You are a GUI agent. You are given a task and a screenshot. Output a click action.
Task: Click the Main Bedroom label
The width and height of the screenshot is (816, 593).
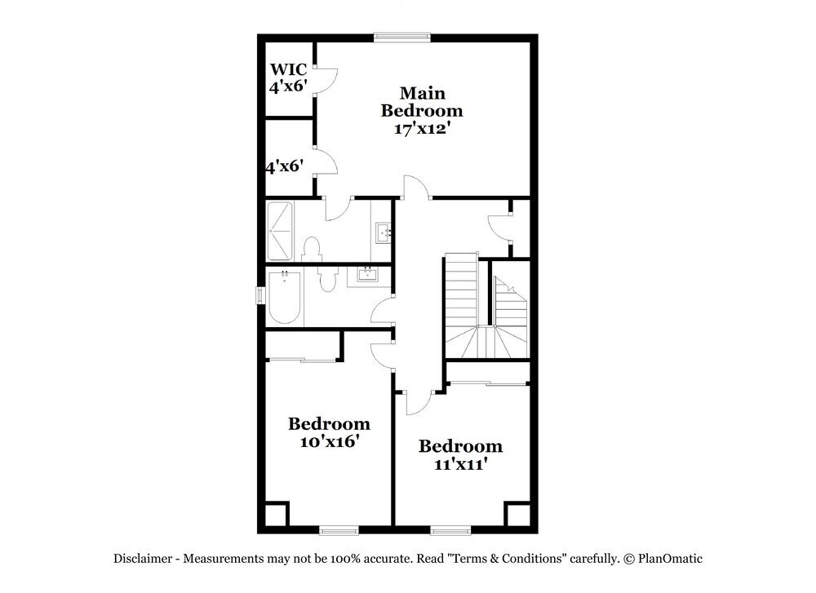(421, 101)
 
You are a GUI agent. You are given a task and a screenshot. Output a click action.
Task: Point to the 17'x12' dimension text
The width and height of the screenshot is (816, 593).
(417, 128)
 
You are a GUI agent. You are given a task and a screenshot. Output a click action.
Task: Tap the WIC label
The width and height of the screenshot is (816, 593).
(288, 69)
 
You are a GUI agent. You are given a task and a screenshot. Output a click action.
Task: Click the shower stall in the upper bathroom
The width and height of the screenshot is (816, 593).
(282, 230)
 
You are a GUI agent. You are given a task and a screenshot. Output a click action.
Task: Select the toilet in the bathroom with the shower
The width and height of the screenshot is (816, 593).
(311, 248)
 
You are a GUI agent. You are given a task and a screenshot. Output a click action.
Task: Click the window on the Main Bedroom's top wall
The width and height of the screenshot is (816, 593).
(401, 36)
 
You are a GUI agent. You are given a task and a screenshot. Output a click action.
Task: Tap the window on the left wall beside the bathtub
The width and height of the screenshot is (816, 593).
(261, 294)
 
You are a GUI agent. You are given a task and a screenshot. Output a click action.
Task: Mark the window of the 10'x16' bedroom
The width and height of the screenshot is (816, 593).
(338, 530)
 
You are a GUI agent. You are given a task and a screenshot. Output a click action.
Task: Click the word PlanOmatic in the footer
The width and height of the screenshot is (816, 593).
(671, 559)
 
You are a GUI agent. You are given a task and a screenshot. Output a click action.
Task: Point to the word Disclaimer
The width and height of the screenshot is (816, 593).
(142, 559)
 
